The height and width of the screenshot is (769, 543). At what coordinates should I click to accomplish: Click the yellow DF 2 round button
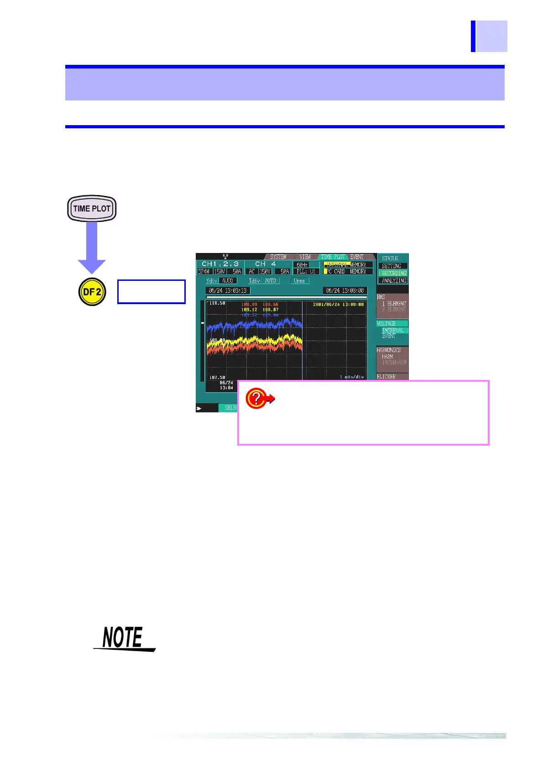coord(92,291)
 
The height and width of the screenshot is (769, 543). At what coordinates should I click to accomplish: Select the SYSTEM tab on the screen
coord(278,257)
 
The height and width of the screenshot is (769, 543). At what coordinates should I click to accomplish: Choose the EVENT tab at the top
coord(357,257)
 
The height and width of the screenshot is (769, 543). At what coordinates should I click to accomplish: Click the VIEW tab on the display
coord(305,257)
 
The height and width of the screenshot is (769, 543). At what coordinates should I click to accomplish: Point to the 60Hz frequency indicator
coord(302,265)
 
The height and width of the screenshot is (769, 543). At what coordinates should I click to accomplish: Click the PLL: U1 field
coord(305,271)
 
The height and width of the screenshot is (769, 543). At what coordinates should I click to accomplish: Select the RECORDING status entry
coord(394,273)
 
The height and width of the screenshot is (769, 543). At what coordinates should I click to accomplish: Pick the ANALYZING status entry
coord(394,280)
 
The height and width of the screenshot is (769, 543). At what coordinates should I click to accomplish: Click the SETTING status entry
coord(392,266)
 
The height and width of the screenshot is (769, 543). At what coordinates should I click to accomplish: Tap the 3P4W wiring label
coord(204,271)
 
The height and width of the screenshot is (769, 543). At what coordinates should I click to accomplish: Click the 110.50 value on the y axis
coord(217,304)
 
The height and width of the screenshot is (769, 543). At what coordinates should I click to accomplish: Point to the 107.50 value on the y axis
coord(217,377)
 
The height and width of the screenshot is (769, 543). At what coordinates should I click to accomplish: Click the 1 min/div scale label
coord(351,377)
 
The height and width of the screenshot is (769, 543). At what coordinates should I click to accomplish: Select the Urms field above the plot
coord(299,281)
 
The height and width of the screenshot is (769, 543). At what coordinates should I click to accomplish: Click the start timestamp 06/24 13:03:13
coord(228,290)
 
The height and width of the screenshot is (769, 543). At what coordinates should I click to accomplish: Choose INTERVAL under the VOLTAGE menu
coord(392,330)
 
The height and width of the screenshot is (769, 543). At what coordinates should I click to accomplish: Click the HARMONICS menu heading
coord(389,350)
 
